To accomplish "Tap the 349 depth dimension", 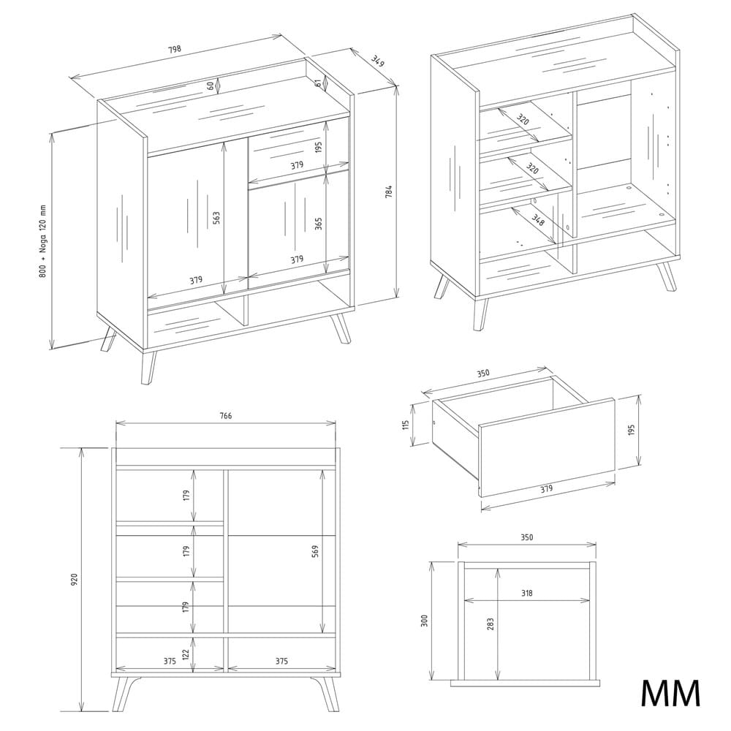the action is tap(378, 61).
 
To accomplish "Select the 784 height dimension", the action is tap(390, 192).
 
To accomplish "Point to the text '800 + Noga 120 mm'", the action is tap(42, 241).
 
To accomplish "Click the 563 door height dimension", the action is tap(216, 218).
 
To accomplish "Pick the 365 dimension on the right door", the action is tap(319, 224).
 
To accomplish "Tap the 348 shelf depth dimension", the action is tap(537, 219).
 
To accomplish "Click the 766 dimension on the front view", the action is tap(226, 415).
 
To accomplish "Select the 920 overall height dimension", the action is tap(75, 580).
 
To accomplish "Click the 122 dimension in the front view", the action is tap(186, 654).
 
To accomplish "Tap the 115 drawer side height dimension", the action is tap(406, 425).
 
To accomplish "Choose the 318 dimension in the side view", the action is tap(527, 593).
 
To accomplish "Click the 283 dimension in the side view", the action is tap(491, 624).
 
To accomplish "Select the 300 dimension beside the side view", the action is tap(424, 621).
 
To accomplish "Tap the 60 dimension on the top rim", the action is tap(211, 86).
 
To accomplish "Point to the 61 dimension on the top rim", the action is tap(318, 83).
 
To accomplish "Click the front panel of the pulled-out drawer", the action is tap(547, 447).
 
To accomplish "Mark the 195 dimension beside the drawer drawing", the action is tap(632, 430).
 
